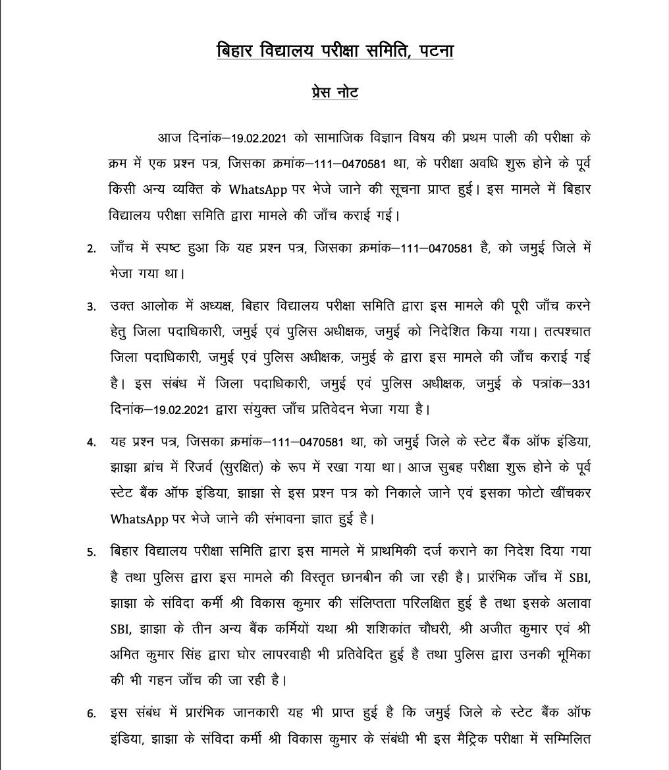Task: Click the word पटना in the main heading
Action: click(x=432, y=51)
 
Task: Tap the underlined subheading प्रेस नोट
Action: click(x=334, y=91)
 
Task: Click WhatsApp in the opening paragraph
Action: click(x=257, y=190)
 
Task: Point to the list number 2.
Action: click(x=92, y=249)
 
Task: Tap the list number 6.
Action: click(x=92, y=713)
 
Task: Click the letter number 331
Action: click(x=581, y=384)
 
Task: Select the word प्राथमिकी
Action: click(x=371, y=551)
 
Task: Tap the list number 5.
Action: click(x=92, y=552)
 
